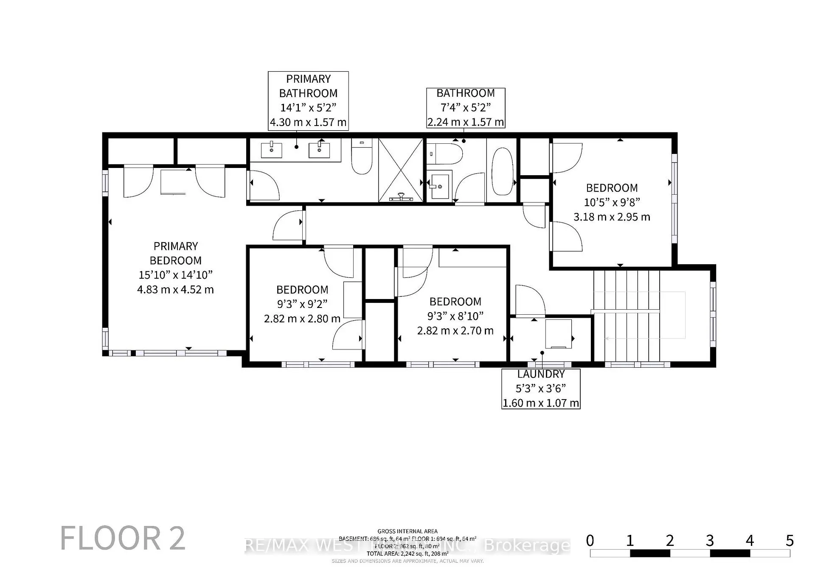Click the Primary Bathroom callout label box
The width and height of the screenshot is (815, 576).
click(x=308, y=101)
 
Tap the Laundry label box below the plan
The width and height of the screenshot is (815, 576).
click(x=540, y=389)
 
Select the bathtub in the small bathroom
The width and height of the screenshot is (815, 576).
click(x=502, y=171)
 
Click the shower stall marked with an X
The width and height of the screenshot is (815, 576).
click(x=401, y=170)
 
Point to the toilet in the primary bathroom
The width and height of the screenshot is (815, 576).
click(x=362, y=157)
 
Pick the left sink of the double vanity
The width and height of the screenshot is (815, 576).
click(x=271, y=150)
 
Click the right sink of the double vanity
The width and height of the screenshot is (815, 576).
click(x=319, y=150)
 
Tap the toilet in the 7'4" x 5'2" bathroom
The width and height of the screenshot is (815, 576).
click(x=444, y=154)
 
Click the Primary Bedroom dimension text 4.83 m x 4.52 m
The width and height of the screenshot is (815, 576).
click(x=175, y=290)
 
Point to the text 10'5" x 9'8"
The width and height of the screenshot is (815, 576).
click(x=612, y=202)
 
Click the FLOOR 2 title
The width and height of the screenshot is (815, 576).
click(x=123, y=538)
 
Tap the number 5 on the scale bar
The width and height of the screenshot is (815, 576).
click(x=789, y=541)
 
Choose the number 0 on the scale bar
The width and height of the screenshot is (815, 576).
click(x=590, y=541)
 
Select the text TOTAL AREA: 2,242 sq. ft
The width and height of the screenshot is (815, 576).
click(x=407, y=554)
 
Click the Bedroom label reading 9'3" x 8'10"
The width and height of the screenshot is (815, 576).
click(x=455, y=316)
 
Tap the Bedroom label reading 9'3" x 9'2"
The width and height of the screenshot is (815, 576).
click(x=302, y=304)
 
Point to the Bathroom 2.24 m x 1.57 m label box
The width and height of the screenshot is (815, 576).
click(x=466, y=108)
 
